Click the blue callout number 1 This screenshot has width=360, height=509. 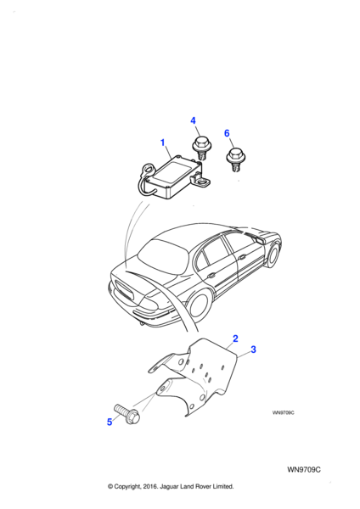pyautogui.click(x=163, y=143)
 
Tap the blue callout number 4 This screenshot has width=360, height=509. pyautogui.click(x=193, y=120)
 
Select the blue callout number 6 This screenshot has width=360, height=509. pyautogui.click(x=227, y=133)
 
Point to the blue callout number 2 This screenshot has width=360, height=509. pyautogui.click(x=235, y=338)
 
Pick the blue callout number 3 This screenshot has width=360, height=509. pyautogui.click(x=253, y=350)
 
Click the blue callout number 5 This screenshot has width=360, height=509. pyautogui.click(x=110, y=422)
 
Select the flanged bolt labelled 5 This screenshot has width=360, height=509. pyautogui.click(x=127, y=414)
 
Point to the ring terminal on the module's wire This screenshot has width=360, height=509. pyautogui.click(x=147, y=171)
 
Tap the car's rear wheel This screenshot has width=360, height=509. pyautogui.click(x=198, y=305)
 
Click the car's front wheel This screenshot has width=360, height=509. pyautogui.click(x=273, y=255)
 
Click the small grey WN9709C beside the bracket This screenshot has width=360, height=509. pyautogui.click(x=283, y=413)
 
